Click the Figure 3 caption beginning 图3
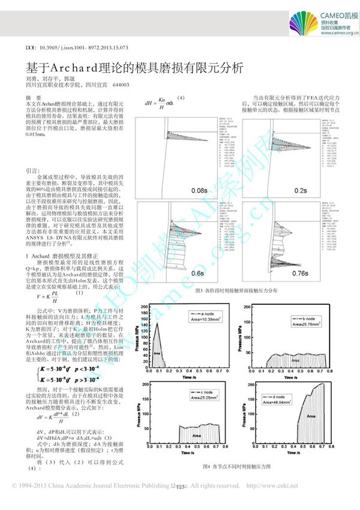238,290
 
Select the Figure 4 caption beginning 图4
238,466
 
